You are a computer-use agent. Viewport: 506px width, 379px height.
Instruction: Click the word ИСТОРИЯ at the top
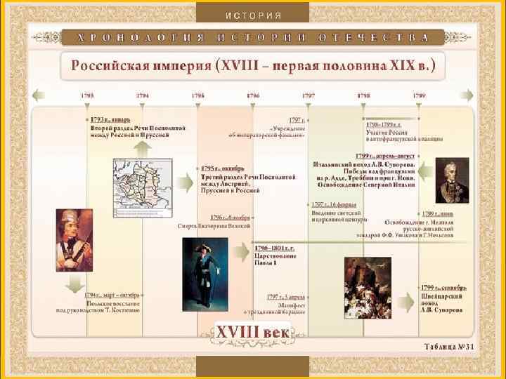click(x=254, y=15)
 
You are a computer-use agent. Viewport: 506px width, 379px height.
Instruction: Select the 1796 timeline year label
click(x=252, y=95)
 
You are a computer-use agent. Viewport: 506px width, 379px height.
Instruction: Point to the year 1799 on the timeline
click(x=419, y=95)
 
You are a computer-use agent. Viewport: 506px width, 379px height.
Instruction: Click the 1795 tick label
click(x=197, y=95)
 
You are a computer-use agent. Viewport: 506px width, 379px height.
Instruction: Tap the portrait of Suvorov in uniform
click(x=452, y=180)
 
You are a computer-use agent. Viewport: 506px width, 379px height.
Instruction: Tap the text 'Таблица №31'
click(x=449, y=347)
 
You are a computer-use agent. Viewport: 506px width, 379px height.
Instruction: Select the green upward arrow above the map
click(x=142, y=147)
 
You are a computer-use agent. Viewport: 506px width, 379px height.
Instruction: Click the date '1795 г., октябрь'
click(x=223, y=168)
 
